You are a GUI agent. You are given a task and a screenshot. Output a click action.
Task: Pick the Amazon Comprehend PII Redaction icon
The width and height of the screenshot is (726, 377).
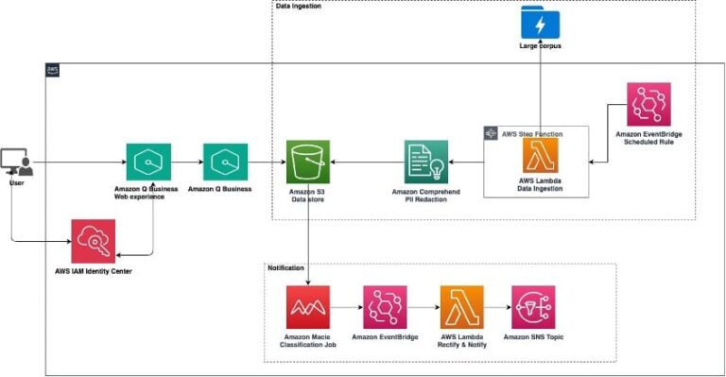click(x=426, y=163)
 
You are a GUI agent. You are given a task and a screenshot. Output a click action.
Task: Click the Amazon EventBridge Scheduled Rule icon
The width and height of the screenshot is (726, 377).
click(x=648, y=104)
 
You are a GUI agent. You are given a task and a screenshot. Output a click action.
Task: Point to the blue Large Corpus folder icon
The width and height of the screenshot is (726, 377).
click(x=540, y=22)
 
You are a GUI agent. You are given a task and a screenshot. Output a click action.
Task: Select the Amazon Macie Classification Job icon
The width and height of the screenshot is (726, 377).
click(x=308, y=308)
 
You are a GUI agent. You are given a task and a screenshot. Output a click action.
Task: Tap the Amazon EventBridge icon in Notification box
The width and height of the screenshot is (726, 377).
click(x=385, y=308)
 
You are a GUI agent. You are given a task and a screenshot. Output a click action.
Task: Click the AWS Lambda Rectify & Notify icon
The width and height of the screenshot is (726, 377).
click(x=460, y=308)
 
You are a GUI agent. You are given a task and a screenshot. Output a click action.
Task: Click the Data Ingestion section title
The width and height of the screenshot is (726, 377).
click(x=299, y=6)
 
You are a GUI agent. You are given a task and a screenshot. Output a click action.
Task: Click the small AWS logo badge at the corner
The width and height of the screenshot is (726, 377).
click(x=53, y=71)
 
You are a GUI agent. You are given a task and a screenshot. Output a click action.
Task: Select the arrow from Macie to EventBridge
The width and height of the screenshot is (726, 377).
click(x=346, y=308)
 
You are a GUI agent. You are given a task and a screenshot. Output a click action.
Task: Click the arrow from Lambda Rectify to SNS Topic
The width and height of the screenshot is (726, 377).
click(x=497, y=308)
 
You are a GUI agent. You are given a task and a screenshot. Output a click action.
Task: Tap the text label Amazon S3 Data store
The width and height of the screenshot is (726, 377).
click(x=308, y=195)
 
